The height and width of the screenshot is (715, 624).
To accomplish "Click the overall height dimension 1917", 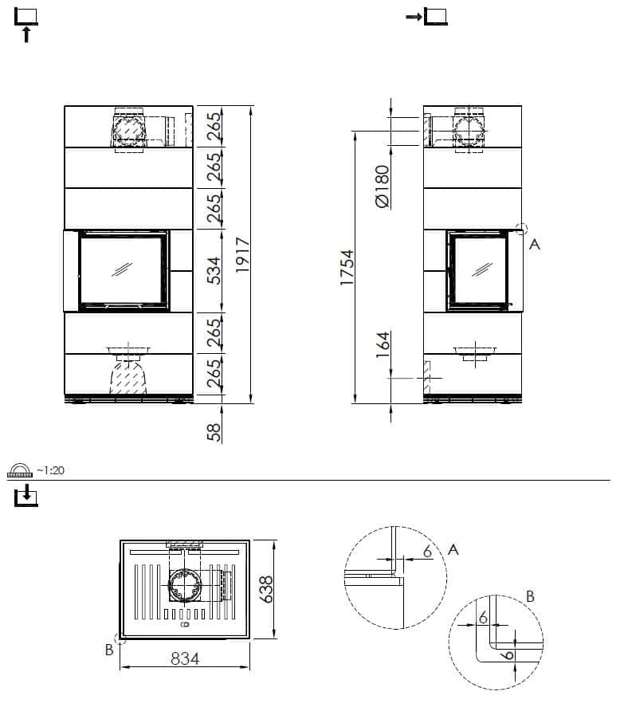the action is tap(242, 255).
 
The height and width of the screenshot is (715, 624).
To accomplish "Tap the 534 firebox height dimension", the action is tap(214, 271).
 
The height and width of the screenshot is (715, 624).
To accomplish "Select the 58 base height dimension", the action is tap(214, 432).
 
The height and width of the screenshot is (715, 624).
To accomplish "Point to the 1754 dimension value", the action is tap(347, 268).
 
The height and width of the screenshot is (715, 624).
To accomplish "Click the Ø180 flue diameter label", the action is tap(383, 187).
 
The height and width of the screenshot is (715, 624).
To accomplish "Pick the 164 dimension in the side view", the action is tap(383, 344).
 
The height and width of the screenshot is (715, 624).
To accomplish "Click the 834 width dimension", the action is tap(185, 658).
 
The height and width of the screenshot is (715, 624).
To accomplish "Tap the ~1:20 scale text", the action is tap(50, 469).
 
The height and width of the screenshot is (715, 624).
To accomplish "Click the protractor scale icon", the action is tap(20, 470).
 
